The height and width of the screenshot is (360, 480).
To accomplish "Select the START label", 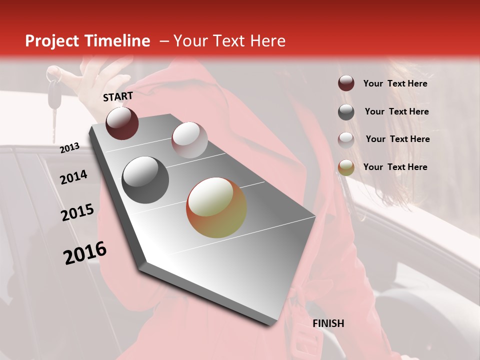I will [x=118, y=96].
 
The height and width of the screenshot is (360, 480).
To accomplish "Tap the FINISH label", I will [x=328, y=323].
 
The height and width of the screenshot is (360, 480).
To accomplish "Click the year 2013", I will [x=70, y=148].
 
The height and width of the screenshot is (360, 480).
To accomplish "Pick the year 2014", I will [x=74, y=177].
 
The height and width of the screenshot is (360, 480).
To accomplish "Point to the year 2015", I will [x=77, y=213].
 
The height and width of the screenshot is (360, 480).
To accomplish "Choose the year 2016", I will [x=85, y=253].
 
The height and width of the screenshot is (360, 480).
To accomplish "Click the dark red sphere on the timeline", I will [x=122, y=123].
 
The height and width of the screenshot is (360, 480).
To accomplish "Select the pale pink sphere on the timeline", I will [x=189, y=140].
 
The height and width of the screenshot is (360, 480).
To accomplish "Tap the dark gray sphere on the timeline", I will [x=145, y=180].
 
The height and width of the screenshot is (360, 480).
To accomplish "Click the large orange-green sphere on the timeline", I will [x=216, y=207].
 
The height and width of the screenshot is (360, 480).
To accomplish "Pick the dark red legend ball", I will [x=346, y=83].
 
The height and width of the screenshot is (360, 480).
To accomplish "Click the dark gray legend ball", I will [x=346, y=112].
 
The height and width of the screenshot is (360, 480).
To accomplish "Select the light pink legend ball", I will [x=346, y=139].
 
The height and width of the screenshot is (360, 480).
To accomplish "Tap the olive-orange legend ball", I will [x=346, y=167].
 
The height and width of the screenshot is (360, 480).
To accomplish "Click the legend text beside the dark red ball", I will [x=395, y=83].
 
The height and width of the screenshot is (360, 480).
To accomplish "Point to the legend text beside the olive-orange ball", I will [x=395, y=167].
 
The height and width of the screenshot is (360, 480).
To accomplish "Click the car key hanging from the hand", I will [x=53, y=100].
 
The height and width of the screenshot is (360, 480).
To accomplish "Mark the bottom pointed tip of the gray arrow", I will [x=270, y=325].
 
